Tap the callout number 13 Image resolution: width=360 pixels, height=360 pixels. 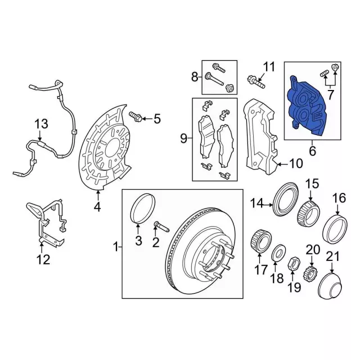pos(41,124)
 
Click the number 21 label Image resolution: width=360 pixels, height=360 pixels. pos(333,257)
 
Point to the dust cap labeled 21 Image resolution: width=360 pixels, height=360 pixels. pos(331,286)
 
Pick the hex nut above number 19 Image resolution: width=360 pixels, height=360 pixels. pos(294,263)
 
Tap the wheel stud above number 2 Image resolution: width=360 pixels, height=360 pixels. pos(161,226)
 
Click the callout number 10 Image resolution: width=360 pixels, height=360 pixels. pos(296,164)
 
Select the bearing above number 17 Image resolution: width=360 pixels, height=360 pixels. pos(260,241)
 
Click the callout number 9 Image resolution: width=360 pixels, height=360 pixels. pos(184,139)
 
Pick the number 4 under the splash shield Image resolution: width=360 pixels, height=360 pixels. pos(97,207)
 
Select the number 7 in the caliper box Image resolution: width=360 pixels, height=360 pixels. pos(330,95)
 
